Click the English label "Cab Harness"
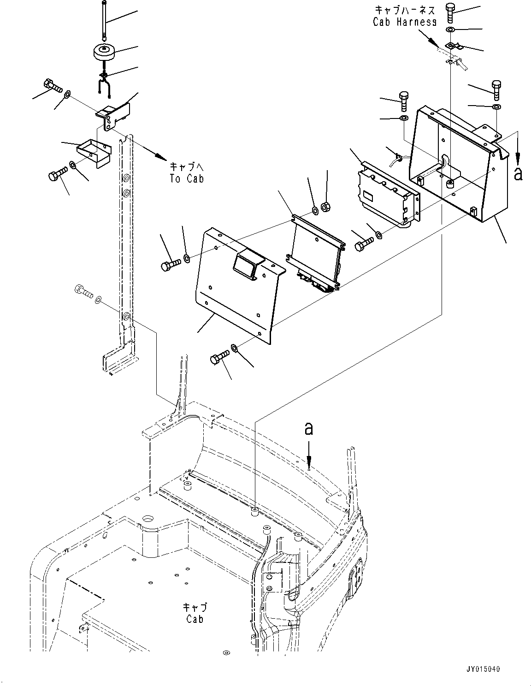click(404, 22)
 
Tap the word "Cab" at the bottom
click(195, 619)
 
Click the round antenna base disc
click(105, 51)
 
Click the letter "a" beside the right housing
click(518, 174)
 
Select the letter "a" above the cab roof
click(308, 429)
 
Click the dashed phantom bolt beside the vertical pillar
click(83, 291)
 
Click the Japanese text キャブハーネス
click(404, 10)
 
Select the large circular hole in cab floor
click(149, 518)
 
